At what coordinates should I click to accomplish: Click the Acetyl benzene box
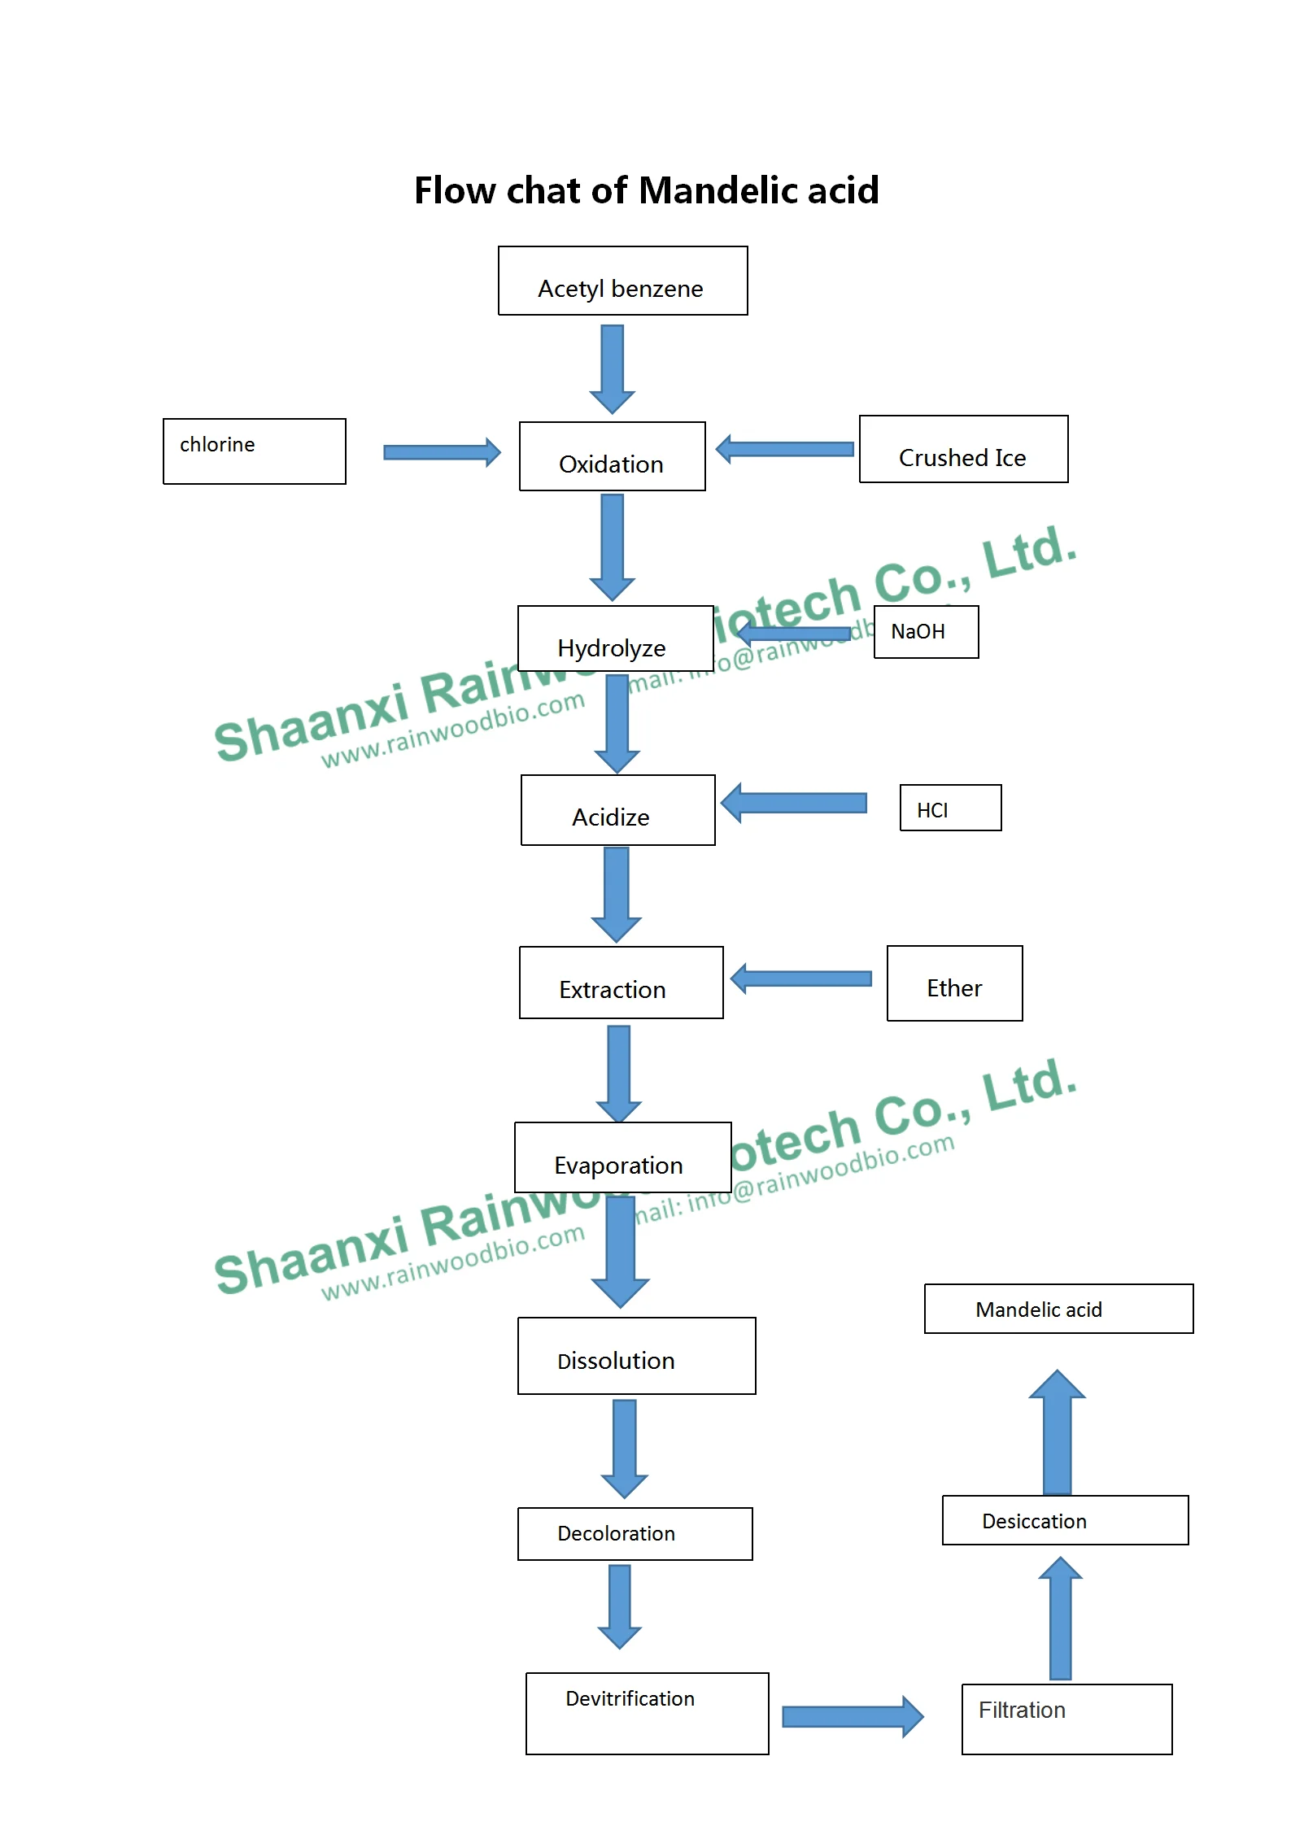[x=622, y=281]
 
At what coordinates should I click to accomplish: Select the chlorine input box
[x=254, y=451]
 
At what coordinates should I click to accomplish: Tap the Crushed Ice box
[x=963, y=450]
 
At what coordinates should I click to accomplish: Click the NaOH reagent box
[x=926, y=632]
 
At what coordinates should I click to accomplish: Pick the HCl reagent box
[x=950, y=808]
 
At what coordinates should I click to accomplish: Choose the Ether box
[x=954, y=983]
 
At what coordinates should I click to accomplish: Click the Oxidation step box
[x=612, y=456]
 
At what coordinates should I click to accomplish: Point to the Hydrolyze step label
[x=612, y=648]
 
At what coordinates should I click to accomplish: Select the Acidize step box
[x=617, y=810]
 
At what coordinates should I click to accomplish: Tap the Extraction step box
[x=621, y=983]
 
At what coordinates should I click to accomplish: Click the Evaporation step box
[x=622, y=1157]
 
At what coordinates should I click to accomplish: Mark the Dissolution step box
[x=636, y=1356]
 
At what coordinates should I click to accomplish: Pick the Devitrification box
[x=647, y=1714]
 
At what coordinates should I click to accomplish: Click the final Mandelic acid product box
[x=1058, y=1309]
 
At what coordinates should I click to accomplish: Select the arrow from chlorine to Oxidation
[x=442, y=452]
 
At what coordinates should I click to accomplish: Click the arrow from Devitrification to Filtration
[x=852, y=1717]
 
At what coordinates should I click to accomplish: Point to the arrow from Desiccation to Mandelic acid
[x=1057, y=1432]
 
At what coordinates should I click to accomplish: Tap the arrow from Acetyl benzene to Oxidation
[x=613, y=368]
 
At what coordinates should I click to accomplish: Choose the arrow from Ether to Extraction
[x=801, y=978]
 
